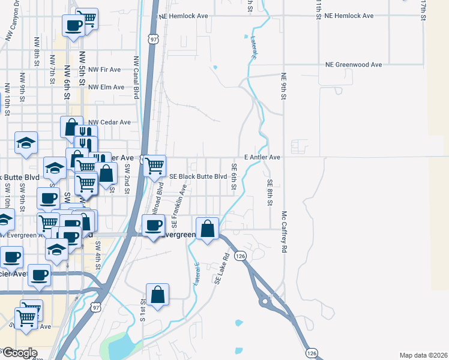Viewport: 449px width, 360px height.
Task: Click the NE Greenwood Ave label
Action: tap(354, 64)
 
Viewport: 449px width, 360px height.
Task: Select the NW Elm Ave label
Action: tap(106, 87)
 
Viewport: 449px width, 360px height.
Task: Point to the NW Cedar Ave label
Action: tap(109, 122)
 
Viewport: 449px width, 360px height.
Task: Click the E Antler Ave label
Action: tap(262, 157)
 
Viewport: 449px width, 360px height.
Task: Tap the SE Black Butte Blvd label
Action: tap(199, 176)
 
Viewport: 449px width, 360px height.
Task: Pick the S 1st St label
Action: tap(142, 311)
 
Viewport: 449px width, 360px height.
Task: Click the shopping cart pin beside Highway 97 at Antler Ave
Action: tap(155, 165)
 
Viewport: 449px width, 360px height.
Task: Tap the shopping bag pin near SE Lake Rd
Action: tap(207, 229)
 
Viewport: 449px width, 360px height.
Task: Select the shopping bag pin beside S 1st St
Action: tap(157, 295)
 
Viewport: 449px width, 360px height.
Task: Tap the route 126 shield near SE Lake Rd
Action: tap(241, 256)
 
